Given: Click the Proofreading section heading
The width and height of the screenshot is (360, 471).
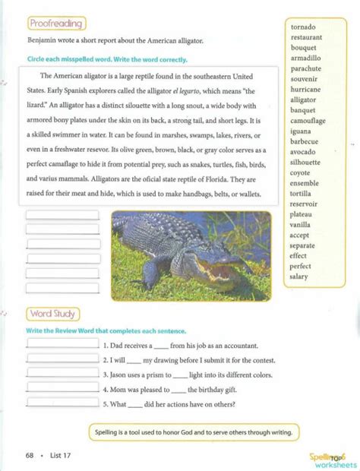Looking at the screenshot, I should (56, 24).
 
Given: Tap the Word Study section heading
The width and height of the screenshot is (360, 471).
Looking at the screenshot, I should (52, 314).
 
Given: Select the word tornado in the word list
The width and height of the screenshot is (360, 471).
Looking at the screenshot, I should (303, 27).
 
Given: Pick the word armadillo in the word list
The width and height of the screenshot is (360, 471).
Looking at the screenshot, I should (305, 58).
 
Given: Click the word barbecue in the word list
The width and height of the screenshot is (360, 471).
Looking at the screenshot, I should (305, 141).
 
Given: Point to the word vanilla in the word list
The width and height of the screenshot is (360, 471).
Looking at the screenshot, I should (302, 225).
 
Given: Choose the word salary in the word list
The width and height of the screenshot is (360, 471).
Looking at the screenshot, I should (300, 277).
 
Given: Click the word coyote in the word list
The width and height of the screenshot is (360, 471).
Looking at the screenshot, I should (302, 172).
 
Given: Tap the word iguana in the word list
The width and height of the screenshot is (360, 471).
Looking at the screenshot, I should (302, 131).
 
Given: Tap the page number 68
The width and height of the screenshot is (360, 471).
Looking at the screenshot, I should (29, 455).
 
